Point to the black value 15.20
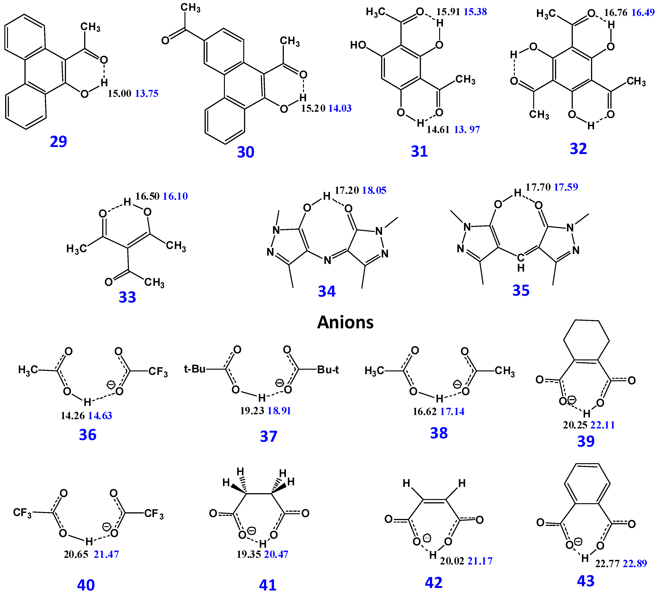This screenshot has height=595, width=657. (x=313, y=108)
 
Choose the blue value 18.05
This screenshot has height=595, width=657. (x=374, y=190)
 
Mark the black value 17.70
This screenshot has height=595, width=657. (x=538, y=187)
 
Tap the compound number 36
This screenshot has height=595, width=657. (x=88, y=435)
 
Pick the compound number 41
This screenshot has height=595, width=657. (x=268, y=585)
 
